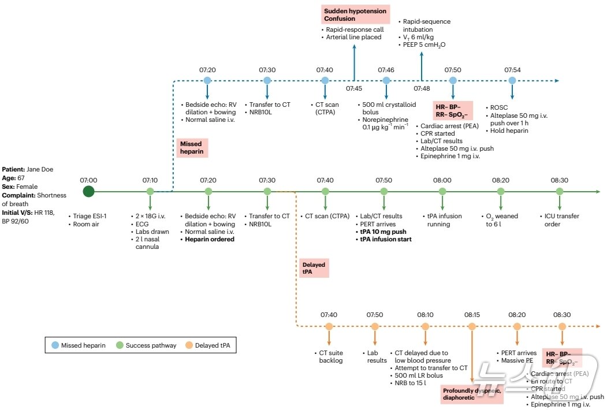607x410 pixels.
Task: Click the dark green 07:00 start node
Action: pyautogui.click(x=88, y=191)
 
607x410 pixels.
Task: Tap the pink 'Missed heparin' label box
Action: pyautogui.click(x=191, y=147)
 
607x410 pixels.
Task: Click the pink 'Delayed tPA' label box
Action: pyautogui.click(x=314, y=269)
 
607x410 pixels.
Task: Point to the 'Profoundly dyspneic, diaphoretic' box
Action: pyautogui.click(x=471, y=394)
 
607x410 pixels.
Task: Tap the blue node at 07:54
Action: pyautogui.click(x=512, y=80)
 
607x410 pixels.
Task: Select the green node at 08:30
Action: pyautogui.click(x=559, y=191)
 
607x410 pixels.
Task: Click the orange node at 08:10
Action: pyautogui.click(x=426, y=326)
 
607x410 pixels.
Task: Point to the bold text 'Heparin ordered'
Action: pyautogui.click(x=210, y=239)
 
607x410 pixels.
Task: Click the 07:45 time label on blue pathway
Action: pyautogui.click(x=354, y=88)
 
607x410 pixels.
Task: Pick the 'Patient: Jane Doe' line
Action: pyautogui.click(x=26, y=170)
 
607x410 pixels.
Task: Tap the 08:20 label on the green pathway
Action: pyautogui.click(x=501, y=180)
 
